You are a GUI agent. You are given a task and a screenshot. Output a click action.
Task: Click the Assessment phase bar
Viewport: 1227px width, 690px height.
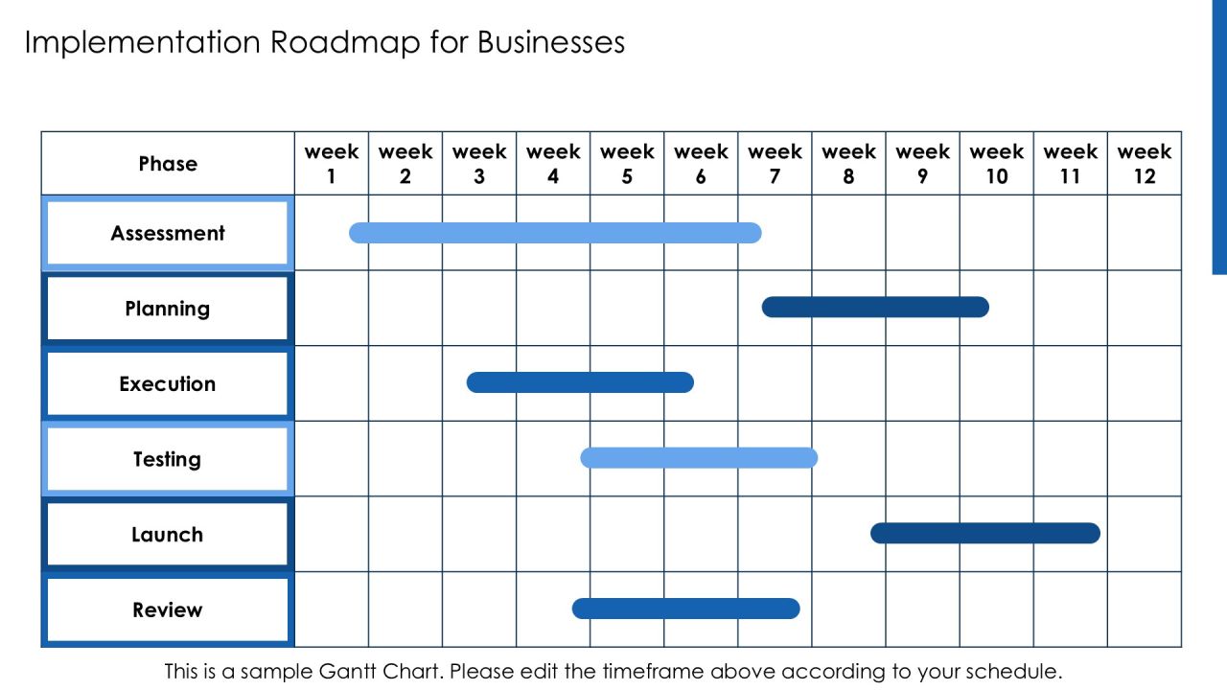(x=555, y=233)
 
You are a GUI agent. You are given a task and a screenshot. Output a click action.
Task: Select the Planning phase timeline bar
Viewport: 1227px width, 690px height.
(x=875, y=308)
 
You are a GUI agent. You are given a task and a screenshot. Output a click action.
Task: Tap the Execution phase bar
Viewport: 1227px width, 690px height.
(x=580, y=382)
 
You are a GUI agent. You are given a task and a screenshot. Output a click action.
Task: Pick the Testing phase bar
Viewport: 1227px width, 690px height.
(x=699, y=458)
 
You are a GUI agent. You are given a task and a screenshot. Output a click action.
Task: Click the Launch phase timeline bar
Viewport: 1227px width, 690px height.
(x=985, y=534)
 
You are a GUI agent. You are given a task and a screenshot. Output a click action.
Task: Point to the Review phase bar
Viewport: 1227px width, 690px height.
(x=685, y=609)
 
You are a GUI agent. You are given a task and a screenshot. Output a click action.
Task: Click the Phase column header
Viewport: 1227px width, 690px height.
(x=168, y=164)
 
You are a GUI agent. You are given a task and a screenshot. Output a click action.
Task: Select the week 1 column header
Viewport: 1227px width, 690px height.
(x=332, y=164)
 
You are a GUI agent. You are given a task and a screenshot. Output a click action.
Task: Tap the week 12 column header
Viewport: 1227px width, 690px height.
(x=1145, y=164)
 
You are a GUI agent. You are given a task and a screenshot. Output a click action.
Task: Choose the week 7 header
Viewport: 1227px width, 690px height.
(x=775, y=164)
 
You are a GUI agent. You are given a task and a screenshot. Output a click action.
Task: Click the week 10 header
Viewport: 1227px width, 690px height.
(x=996, y=164)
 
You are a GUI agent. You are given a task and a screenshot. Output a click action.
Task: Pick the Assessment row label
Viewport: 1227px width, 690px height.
(x=168, y=233)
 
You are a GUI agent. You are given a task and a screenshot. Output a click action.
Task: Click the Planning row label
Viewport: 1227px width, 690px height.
(x=168, y=309)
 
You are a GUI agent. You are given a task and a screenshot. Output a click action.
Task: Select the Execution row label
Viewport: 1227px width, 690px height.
(x=168, y=384)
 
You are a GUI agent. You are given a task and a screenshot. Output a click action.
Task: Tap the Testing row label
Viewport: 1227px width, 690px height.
(x=168, y=459)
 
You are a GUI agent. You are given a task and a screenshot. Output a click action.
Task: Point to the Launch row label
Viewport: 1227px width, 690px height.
(x=168, y=535)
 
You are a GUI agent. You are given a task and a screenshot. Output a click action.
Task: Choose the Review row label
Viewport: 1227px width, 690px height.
(x=168, y=610)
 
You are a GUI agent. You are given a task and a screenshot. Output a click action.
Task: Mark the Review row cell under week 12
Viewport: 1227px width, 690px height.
(x=1145, y=609)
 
